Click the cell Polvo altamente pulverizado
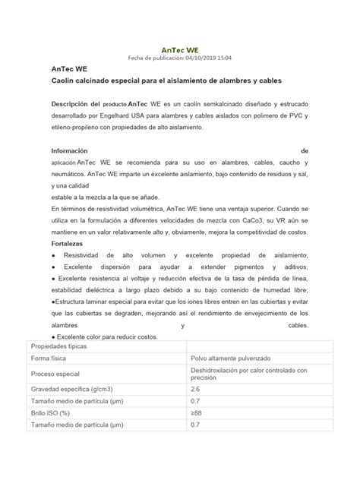click(232, 358)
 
